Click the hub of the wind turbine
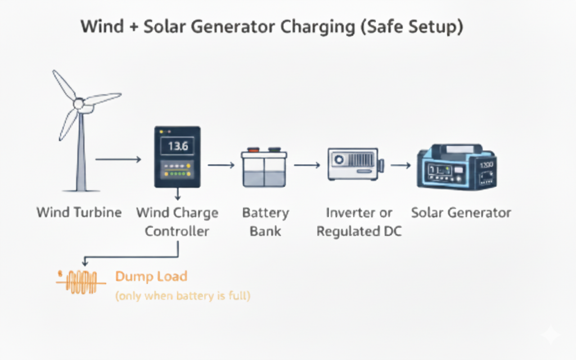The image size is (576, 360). pos(79,103)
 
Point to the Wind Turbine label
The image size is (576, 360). pos(79,213)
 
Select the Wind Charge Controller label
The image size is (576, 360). pos(177,222)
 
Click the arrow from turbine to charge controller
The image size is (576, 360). pos(118,160)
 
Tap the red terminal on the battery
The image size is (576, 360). pos(253,150)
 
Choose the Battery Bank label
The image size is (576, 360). pos(265,222)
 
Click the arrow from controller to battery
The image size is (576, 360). pos(220,165)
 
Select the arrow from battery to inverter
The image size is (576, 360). pos(307,165)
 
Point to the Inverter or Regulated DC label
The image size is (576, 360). pos(359,222)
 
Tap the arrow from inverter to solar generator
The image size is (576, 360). pos(400,165)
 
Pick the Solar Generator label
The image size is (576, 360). pos(461,213)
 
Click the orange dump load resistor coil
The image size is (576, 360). pos(82,281)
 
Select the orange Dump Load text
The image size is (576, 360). pos(151,276)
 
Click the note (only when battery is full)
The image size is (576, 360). pos(182,295)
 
